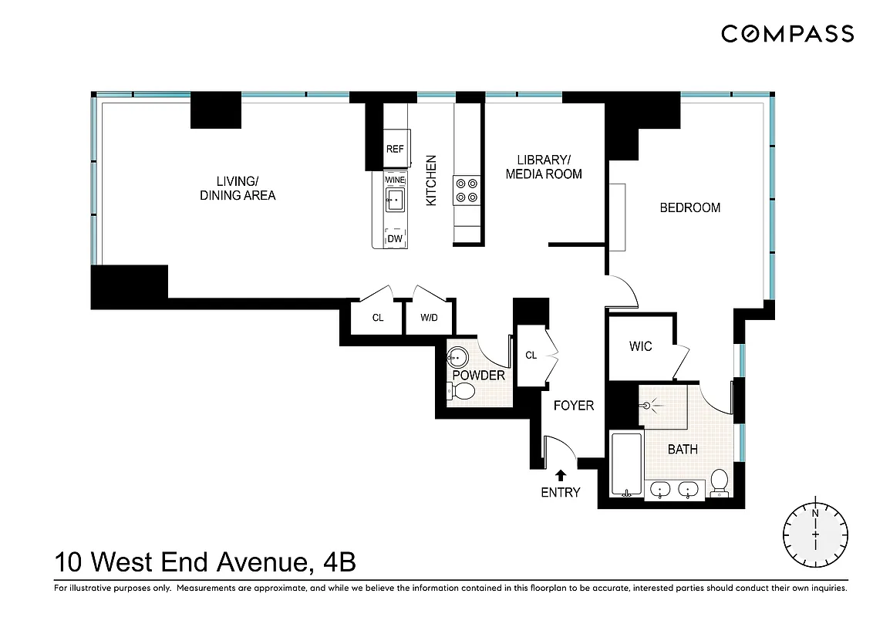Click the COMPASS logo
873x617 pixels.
click(x=787, y=33)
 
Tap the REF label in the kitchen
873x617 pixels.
click(x=395, y=150)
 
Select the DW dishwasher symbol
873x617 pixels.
click(x=395, y=238)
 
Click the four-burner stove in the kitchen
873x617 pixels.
click(x=467, y=190)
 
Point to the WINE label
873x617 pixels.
click(x=395, y=179)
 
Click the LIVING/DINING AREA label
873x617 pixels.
click(x=238, y=188)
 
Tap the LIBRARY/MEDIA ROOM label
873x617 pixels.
click(x=543, y=167)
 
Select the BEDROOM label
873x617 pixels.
click(x=690, y=207)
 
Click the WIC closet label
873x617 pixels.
click(x=640, y=346)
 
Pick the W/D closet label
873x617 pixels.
click(x=429, y=318)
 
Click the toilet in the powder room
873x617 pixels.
click(x=460, y=392)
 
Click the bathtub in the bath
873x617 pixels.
click(x=625, y=465)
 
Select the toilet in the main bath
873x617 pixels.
click(x=720, y=481)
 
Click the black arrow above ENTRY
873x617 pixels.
click(x=561, y=475)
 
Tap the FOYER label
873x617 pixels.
click(x=574, y=405)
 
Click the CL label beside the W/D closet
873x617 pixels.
click(x=378, y=318)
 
